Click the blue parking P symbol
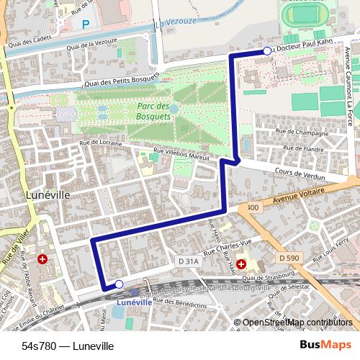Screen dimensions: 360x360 click(86, 24)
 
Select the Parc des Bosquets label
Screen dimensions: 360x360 click(153, 112)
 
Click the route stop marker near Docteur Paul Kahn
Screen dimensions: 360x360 click(267, 51)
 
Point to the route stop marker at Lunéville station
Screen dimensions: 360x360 click(119, 285)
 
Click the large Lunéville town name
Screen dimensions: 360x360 click(47, 195)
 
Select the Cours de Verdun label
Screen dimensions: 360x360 click(300, 174)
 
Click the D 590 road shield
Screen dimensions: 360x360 click(288, 257)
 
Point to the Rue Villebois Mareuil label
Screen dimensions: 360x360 click(181, 154)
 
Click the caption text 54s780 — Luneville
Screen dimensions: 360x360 click(68, 346)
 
